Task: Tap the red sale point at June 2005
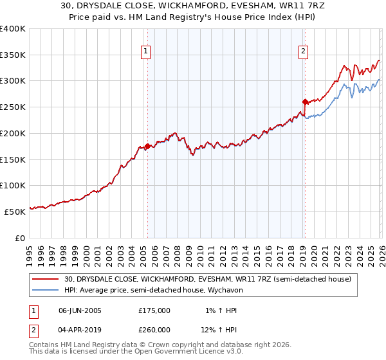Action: coord(147,146)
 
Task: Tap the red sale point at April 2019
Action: coord(304,101)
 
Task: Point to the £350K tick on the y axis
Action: coord(13,55)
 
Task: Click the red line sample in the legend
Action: coord(46,280)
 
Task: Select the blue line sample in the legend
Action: coord(46,291)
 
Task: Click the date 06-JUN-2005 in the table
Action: coord(80,310)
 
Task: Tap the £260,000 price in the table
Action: coord(154,329)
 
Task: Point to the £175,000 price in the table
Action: coord(154,310)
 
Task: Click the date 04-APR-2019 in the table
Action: coord(80,329)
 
